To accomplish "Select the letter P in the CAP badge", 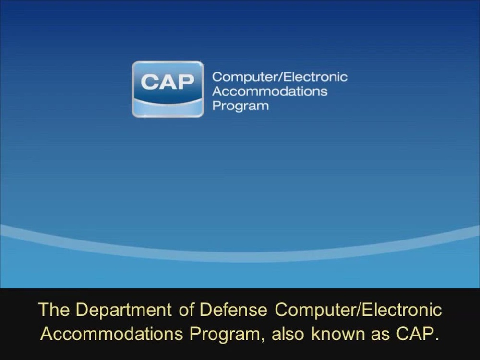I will coord(186,82).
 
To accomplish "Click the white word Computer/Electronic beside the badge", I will coord(279,77).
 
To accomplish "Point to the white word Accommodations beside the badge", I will coord(270,91).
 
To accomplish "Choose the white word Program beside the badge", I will coord(240,106).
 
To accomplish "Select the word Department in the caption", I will coord(123,310).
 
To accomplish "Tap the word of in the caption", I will coord(185,310).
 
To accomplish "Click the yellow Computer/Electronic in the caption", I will coord(358,310).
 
